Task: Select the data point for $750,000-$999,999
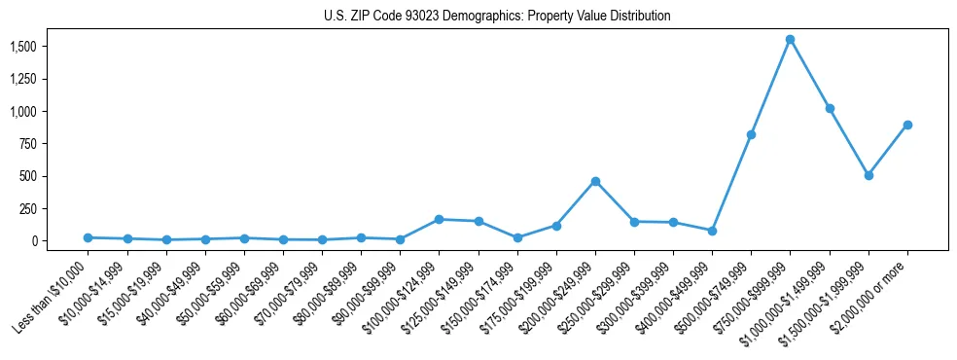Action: coord(790,40)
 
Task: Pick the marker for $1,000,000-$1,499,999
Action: coord(830,108)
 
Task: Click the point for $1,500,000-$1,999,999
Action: coord(868,175)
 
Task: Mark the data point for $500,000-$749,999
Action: coord(751,134)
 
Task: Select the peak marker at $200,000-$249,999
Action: coord(595,181)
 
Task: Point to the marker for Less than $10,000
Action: coord(88,237)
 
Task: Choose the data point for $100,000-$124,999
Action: coord(439,219)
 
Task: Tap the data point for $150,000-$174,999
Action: coord(517,237)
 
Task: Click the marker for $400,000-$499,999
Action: coord(712,231)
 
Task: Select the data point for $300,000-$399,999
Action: coord(673,222)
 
